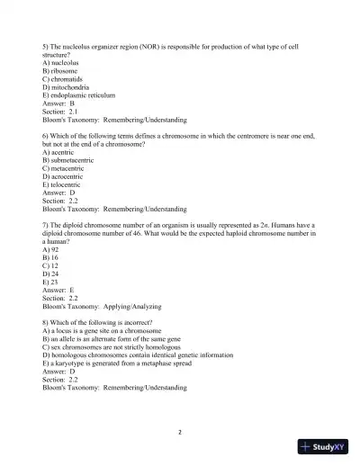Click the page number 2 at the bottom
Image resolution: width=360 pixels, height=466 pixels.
pyautogui.click(x=180, y=433)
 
